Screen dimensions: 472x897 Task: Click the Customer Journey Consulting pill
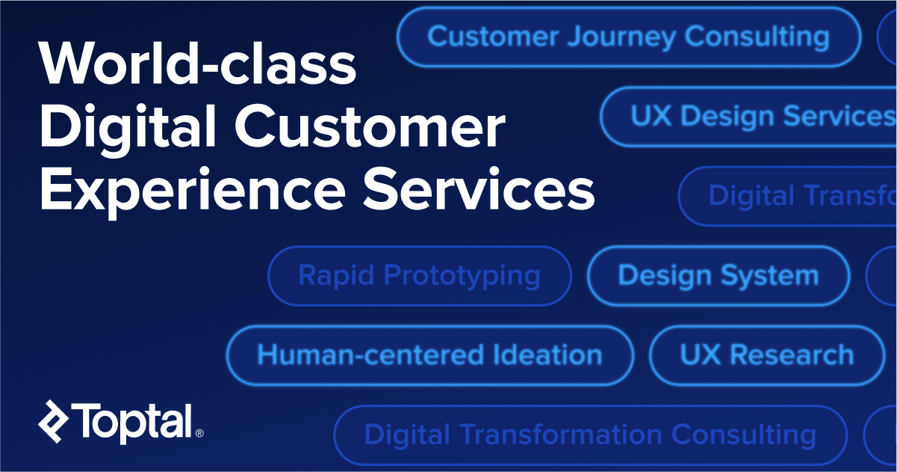(628, 37)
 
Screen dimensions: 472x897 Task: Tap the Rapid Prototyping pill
(419, 275)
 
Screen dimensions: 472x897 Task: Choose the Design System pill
(718, 275)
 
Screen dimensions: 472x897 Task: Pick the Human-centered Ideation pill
(429, 355)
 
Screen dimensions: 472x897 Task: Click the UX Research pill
(766, 355)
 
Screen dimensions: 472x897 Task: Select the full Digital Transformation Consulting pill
(589, 434)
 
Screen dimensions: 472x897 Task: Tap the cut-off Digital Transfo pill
(792, 195)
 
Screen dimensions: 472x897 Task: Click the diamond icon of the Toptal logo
(54, 420)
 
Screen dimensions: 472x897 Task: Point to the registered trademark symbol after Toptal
(199, 433)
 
